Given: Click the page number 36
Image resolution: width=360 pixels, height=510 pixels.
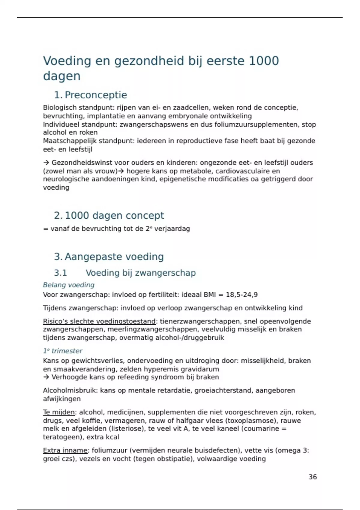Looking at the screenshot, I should tap(313, 477).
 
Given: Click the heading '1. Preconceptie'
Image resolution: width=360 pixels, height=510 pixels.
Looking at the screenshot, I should tap(90, 95).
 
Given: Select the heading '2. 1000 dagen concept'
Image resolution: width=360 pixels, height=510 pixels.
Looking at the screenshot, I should tap(109, 215).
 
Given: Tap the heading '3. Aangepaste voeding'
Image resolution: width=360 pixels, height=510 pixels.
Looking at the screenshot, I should tap(109, 257).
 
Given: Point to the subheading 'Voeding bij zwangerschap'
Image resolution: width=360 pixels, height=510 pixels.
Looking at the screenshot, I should tap(140, 273).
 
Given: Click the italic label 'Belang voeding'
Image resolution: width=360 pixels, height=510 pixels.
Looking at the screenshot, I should tap(69, 285).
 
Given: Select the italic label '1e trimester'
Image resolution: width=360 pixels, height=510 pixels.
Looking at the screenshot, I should tap(63, 351).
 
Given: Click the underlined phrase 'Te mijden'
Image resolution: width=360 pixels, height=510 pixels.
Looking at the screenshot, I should tap(59, 412).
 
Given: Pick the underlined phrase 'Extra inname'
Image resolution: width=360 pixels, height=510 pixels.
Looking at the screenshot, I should tap(65, 451).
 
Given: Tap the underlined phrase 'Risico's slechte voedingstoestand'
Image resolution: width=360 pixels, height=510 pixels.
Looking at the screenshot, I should tap(99, 321).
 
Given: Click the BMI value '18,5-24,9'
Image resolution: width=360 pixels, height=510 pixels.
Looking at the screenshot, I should tap(241, 295).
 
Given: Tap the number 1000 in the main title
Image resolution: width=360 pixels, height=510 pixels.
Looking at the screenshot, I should tap(264, 61).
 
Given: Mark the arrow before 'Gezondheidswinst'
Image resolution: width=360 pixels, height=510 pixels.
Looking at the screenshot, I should tap(46, 163).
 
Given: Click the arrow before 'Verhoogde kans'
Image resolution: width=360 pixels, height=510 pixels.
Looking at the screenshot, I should tap(46, 377).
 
